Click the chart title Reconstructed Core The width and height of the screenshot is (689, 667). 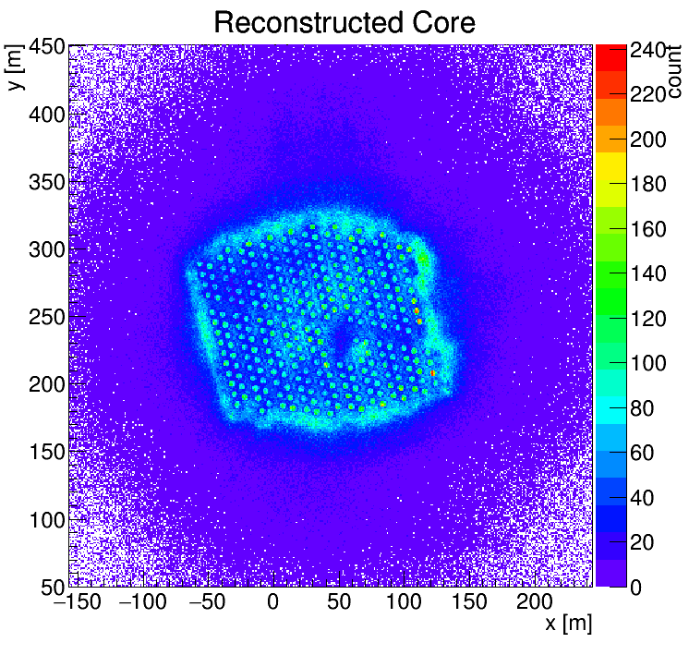(x=344, y=23)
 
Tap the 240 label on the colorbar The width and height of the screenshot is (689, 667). (x=648, y=52)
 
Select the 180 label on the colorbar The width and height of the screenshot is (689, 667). (x=648, y=185)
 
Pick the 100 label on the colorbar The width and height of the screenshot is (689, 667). (x=648, y=364)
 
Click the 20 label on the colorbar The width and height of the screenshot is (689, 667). (x=643, y=543)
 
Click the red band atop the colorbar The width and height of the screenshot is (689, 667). (x=610, y=56)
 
